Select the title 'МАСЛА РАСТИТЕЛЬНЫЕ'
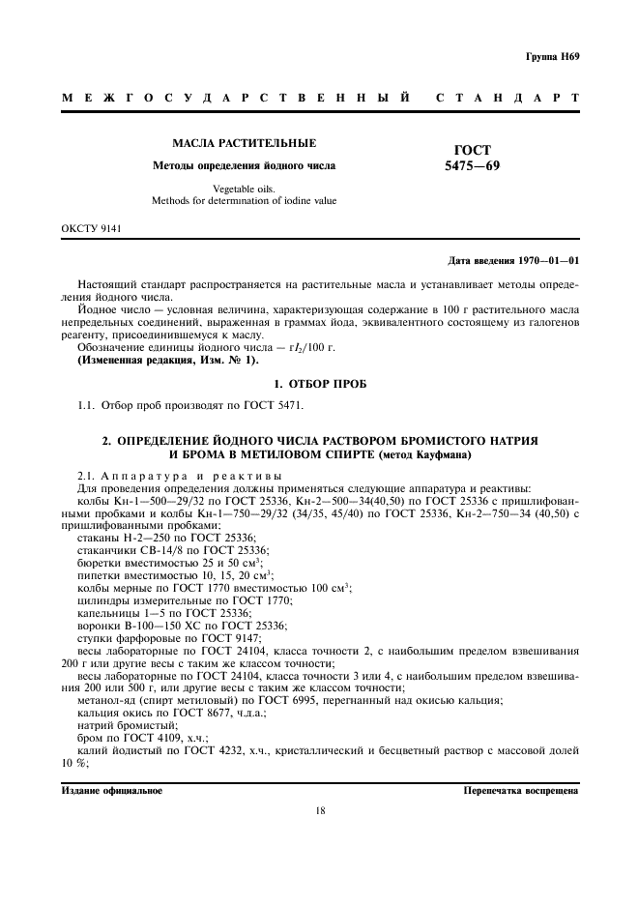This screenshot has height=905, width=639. pyautogui.click(x=244, y=143)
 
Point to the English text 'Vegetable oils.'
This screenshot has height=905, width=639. pyautogui.click(x=244, y=189)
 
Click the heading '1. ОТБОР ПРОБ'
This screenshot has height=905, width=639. pyautogui.click(x=319, y=384)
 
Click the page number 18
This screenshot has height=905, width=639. pyautogui.click(x=319, y=811)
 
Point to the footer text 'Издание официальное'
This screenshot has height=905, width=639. pyautogui.click(x=111, y=790)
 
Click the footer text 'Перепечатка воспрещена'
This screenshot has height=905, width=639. pyautogui.click(x=521, y=790)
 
